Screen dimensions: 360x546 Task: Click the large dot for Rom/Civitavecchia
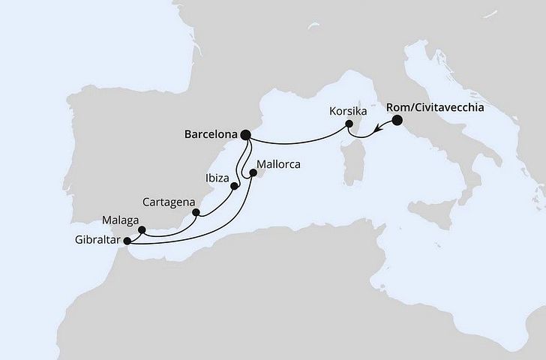click(x=397, y=120)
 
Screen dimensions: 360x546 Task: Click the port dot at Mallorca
click(x=253, y=172)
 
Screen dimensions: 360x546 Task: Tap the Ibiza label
click(x=216, y=179)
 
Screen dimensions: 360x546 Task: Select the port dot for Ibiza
click(x=234, y=186)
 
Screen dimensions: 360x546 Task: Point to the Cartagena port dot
click(x=196, y=212)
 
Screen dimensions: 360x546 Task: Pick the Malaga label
click(x=118, y=220)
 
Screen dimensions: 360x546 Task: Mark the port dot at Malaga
click(x=142, y=229)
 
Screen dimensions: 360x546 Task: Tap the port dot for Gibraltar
click(x=126, y=241)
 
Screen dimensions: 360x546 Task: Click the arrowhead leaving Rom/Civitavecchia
click(x=378, y=128)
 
